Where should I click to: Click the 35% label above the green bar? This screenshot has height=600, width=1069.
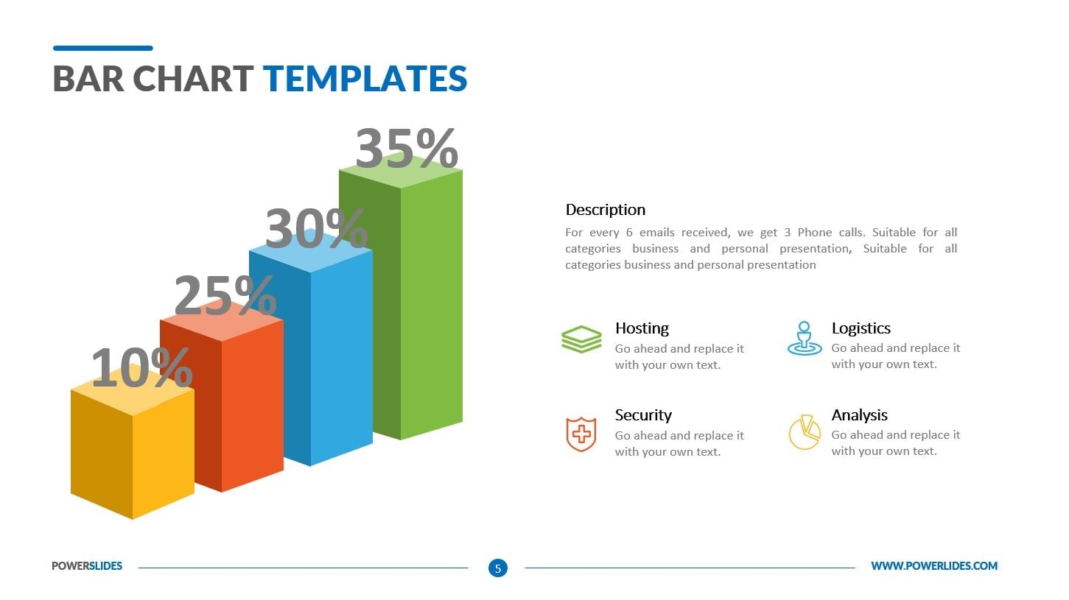[407, 149]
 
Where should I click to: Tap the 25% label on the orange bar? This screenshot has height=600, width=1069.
[225, 296]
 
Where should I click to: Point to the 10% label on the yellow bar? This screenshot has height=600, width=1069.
[141, 368]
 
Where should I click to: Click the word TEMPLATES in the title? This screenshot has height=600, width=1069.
[365, 79]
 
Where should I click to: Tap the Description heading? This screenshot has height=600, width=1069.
[605, 210]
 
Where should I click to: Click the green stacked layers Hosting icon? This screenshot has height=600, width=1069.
[581, 339]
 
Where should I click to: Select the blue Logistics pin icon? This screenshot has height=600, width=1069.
[804, 339]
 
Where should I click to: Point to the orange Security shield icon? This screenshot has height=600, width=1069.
[581, 434]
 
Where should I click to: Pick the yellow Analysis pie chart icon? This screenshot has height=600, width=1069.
[804, 432]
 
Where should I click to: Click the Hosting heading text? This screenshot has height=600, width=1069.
[642, 328]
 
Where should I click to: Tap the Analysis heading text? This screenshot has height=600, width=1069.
[859, 415]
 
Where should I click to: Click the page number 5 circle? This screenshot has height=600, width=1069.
[498, 568]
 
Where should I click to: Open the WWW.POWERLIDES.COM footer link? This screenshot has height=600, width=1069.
[933, 566]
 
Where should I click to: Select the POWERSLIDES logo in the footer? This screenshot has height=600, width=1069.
[87, 566]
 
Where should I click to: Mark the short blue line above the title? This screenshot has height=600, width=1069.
[103, 49]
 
